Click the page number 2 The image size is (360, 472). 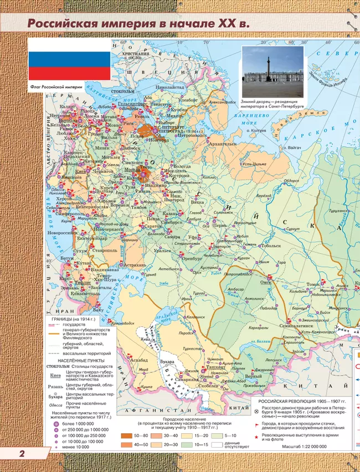pyautogui.click(x=22, y=454)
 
